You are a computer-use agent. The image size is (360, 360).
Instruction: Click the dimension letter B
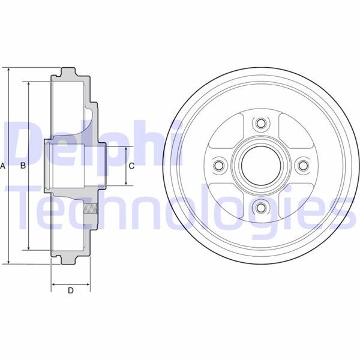(x=23, y=165)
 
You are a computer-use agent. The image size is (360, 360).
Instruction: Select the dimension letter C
(x=131, y=166)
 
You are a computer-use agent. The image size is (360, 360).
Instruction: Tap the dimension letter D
(x=70, y=291)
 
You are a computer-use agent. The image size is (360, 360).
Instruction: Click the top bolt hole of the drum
(x=260, y=124)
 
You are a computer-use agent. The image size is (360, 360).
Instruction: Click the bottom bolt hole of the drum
(x=260, y=207)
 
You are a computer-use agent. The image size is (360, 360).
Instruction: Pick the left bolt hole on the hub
(x=219, y=165)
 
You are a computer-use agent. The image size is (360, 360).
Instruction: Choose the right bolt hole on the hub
(x=302, y=165)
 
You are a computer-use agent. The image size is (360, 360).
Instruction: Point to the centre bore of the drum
(x=260, y=165)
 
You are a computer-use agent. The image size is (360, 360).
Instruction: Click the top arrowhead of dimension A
(x=10, y=70)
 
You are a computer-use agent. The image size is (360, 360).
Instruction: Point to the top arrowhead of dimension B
(x=28, y=83)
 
